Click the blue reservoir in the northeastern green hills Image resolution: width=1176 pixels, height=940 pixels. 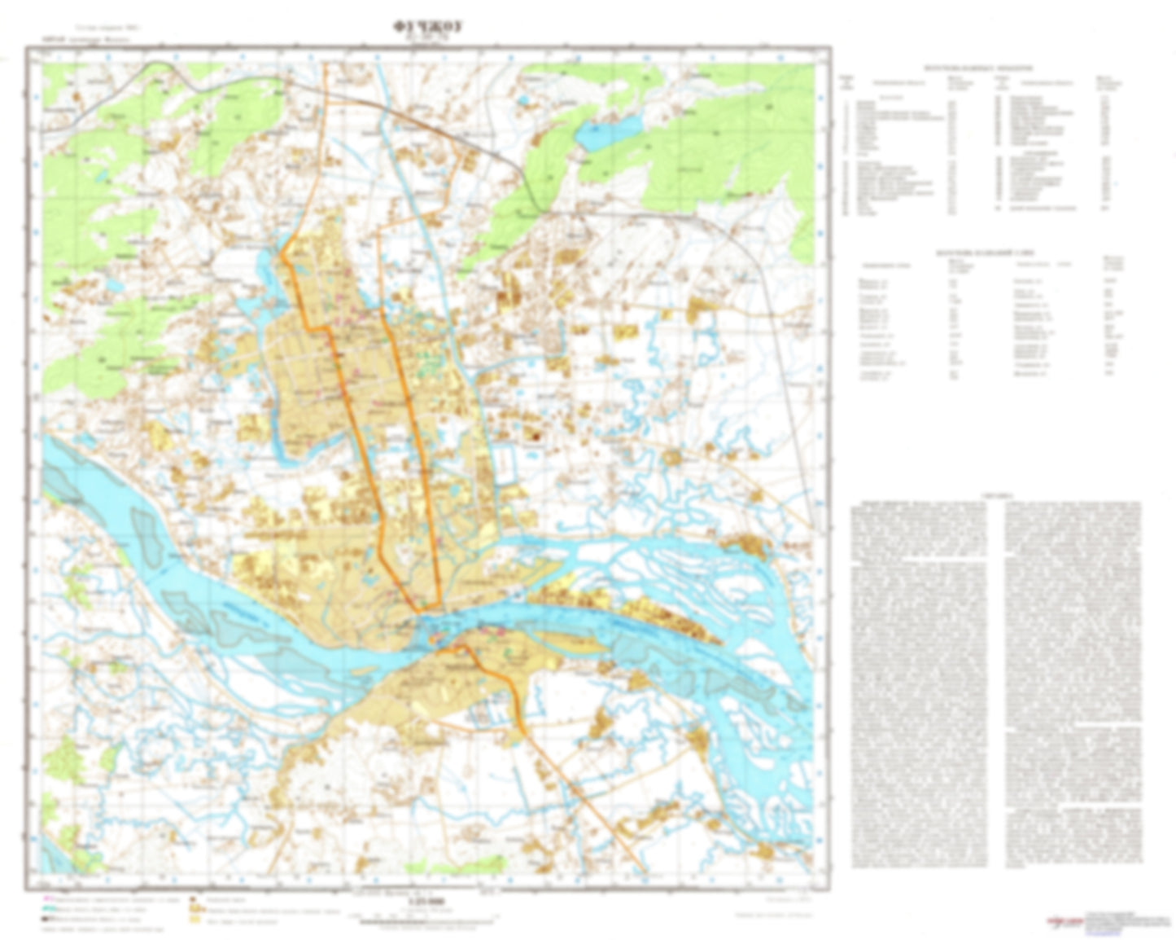pyautogui.click(x=609, y=133)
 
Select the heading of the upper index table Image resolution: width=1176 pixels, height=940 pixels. pyautogui.click(x=977, y=69)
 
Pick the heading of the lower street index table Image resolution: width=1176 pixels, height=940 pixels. pyautogui.click(x=977, y=253)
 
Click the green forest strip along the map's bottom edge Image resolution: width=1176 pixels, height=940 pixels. pyautogui.click(x=464, y=864)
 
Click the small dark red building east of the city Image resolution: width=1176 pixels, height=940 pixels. pyautogui.click(x=536, y=437)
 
